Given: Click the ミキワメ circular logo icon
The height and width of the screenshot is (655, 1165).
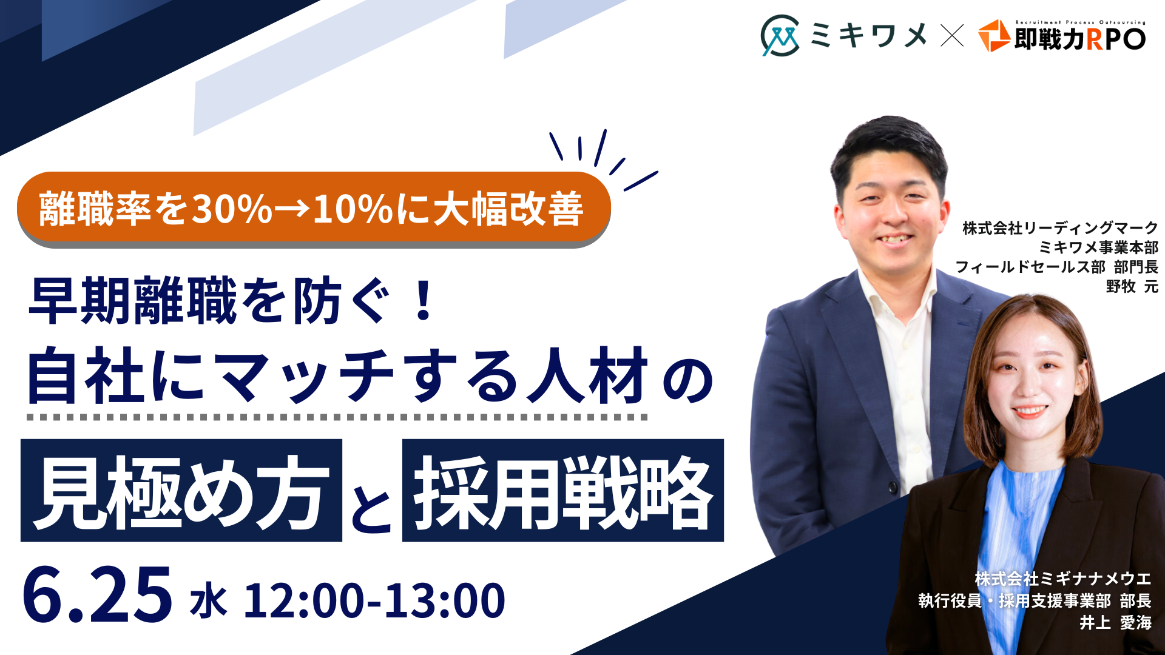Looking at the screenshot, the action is coord(780,36).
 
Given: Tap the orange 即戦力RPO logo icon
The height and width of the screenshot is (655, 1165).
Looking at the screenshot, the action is coord(993,36).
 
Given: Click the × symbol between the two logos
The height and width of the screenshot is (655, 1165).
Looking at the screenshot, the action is coord(952,35).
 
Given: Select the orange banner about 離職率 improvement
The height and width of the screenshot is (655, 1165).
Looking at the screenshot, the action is coord(314,209).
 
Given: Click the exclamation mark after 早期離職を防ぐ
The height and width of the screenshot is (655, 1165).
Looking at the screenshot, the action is coord(423,300).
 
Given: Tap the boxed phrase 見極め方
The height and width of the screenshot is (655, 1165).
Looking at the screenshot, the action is coord(181,490).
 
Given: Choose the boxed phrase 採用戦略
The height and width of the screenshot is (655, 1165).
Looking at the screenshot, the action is coord(563,490).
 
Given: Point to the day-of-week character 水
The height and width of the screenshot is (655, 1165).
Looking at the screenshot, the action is coord(208,601).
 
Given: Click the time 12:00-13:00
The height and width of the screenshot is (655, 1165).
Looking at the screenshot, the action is coord(374,601).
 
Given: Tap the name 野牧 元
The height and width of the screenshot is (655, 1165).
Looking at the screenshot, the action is coord(1132,286).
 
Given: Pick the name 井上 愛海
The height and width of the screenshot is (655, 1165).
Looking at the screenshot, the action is coord(1115,622).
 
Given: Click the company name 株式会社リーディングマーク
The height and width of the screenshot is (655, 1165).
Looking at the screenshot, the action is coord(1060,228).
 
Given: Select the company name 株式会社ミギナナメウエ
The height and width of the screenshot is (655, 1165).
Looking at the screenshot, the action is coord(1063,579).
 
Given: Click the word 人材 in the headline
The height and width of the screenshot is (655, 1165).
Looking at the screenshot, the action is coord(588,376).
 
